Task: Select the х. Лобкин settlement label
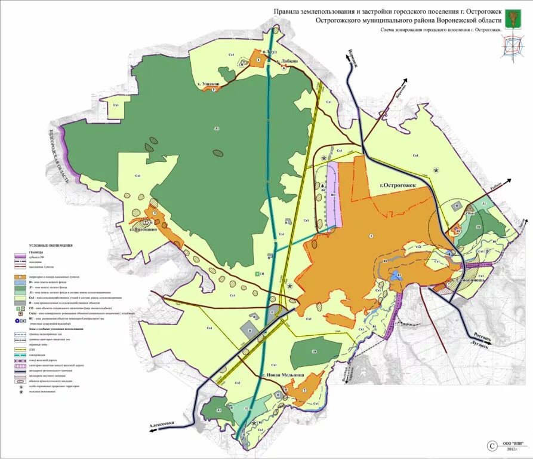click(x=287, y=61)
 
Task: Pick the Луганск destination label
click(x=479, y=345)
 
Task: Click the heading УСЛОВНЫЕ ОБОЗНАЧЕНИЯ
click(x=50, y=246)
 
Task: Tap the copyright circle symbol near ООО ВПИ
click(x=492, y=445)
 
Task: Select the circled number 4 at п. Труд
click(x=258, y=60)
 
